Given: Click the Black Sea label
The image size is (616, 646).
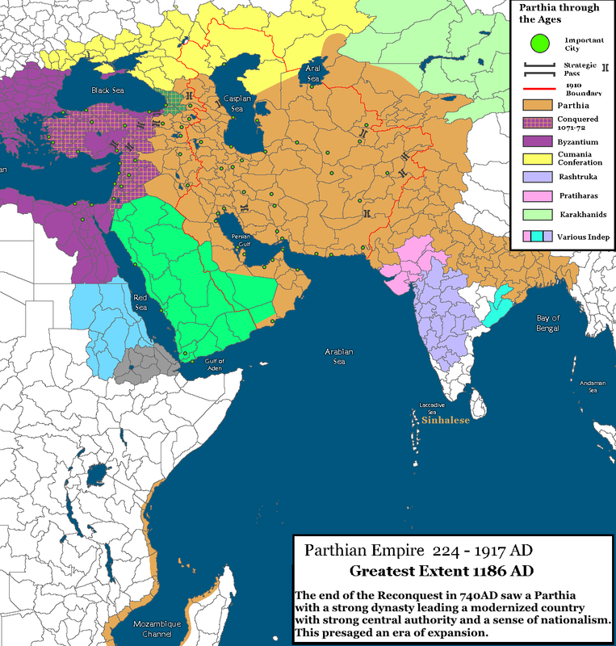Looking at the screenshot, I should point(106,90).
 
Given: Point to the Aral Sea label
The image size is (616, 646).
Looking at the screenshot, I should point(312,73).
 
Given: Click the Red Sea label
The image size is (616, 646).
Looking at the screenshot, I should point(141,302).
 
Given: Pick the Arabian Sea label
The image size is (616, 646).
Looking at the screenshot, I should point(339,358).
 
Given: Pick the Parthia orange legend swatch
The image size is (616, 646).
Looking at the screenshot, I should point(534,105).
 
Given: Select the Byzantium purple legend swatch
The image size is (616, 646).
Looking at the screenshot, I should point(534,141).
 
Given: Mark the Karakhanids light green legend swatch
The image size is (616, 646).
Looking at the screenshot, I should point(534,216).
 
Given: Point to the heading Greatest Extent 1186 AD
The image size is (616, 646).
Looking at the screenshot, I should point(430,571).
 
